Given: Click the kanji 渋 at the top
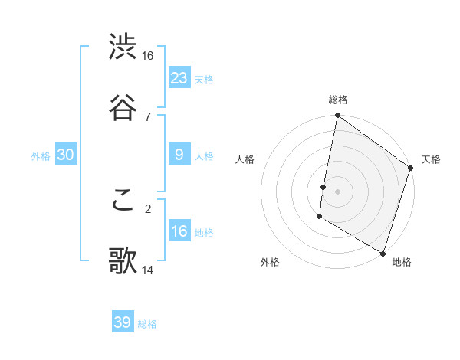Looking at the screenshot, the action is (x=123, y=47).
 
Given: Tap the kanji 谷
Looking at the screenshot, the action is (x=123, y=106).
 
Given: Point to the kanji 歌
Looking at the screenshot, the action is (x=123, y=260).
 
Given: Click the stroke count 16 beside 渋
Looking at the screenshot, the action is (x=147, y=56).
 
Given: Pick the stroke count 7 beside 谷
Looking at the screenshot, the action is (x=147, y=116).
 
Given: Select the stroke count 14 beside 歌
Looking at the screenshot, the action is (x=147, y=270).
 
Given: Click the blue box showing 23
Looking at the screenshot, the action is (x=179, y=77).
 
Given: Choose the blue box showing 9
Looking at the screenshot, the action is (x=179, y=155).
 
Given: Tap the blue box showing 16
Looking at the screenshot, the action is (x=179, y=231).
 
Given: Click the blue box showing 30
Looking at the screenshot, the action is (x=66, y=155).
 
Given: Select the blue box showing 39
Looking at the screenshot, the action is (x=123, y=322).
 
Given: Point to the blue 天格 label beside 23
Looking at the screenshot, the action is (x=204, y=79).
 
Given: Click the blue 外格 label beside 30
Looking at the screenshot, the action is (x=41, y=156).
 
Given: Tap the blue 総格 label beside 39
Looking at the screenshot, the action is (x=147, y=324).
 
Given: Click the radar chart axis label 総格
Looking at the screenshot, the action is (x=338, y=100).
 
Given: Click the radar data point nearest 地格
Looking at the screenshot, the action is (x=383, y=252).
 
